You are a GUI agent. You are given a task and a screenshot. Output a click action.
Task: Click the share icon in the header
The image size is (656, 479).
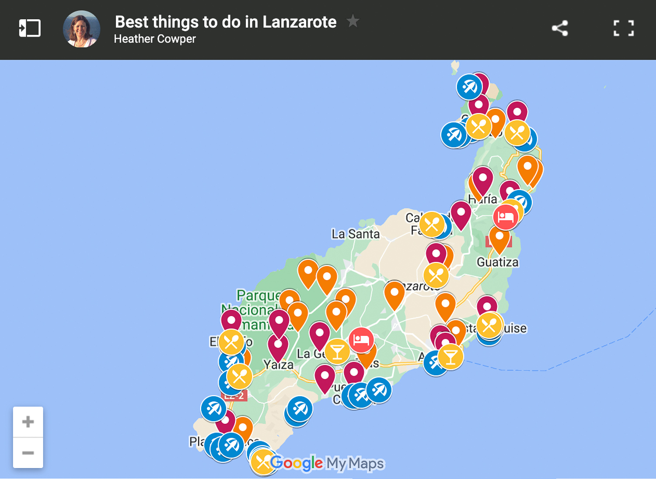(x=560, y=28)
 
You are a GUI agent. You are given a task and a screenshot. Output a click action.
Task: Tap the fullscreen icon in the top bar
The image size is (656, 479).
(x=623, y=28)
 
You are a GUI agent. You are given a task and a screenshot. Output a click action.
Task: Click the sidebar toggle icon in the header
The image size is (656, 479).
(x=30, y=28)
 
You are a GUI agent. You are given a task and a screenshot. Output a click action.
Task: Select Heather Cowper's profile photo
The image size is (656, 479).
(x=82, y=29)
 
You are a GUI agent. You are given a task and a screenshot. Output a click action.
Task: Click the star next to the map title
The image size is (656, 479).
(x=352, y=21)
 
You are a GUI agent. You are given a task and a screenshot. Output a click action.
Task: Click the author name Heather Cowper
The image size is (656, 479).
(x=155, y=39)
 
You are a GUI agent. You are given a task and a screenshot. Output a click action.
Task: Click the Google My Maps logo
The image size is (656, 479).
(x=327, y=463)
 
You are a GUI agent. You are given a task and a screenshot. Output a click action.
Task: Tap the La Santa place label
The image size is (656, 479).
(x=355, y=234)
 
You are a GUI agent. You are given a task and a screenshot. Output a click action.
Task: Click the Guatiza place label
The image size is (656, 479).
(x=498, y=262)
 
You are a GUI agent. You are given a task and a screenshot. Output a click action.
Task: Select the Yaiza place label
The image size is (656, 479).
(x=279, y=365)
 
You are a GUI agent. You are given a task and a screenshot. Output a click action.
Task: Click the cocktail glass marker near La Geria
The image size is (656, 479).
(x=337, y=351)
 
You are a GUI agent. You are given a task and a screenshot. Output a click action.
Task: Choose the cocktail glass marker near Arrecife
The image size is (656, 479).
(x=450, y=356)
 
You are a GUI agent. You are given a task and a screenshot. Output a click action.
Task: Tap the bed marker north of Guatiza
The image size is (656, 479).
(x=506, y=217)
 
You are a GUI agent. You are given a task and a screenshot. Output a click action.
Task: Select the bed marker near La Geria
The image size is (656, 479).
(x=361, y=340)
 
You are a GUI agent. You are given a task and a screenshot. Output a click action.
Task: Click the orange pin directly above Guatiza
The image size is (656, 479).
(x=499, y=239)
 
